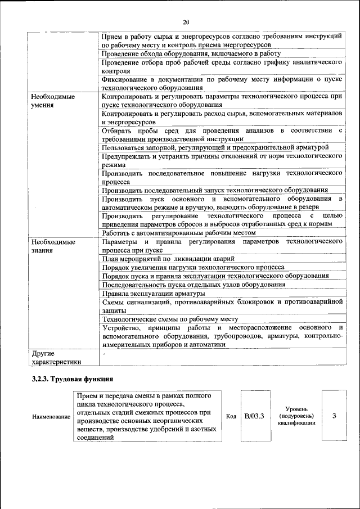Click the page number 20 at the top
click(186, 22)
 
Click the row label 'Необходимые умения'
click(53, 101)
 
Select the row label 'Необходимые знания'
click(53, 246)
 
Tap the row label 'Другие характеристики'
click(56, 358)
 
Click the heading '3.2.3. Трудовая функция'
click(73, 379)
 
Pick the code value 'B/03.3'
click(254, 416)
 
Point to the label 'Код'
click(231, 416)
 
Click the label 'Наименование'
click(51, 417)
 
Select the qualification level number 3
click(334, 416)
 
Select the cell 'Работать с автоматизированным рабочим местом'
click(178, 233)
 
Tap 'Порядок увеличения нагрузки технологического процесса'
click(192, 267)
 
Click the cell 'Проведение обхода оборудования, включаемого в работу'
click(191, 53)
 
